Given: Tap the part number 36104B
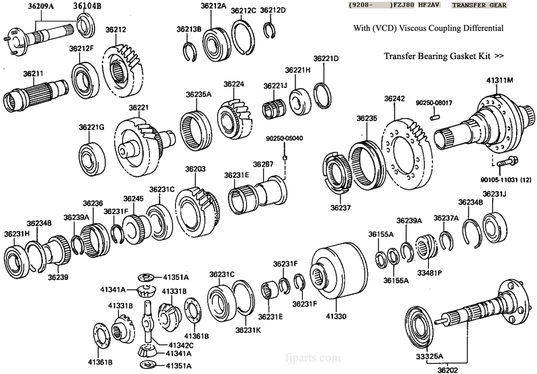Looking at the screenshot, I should pos(87,7).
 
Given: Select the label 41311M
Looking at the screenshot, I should pos(500,80).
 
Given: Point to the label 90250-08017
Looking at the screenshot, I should pos(434,103).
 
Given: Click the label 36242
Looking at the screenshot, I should pos(395,99).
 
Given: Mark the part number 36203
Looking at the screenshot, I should pos(195,169).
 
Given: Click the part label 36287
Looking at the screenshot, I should pos(263,164).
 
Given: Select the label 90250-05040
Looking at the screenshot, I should pos(285,138).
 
